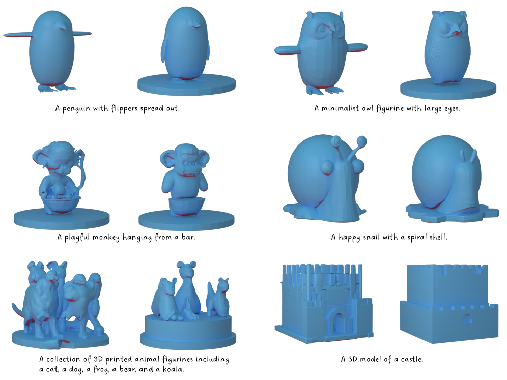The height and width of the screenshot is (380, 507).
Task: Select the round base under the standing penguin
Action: (187, 84)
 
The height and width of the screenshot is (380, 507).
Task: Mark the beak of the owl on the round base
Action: (456, 33)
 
